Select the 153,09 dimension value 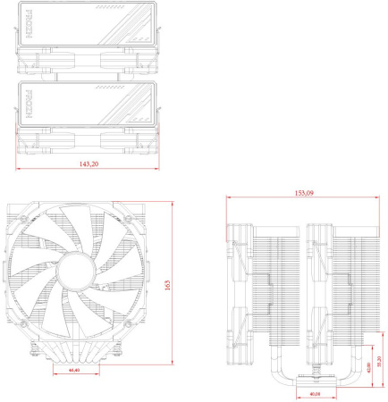coord(304,193)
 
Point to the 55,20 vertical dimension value coord(378,364)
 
